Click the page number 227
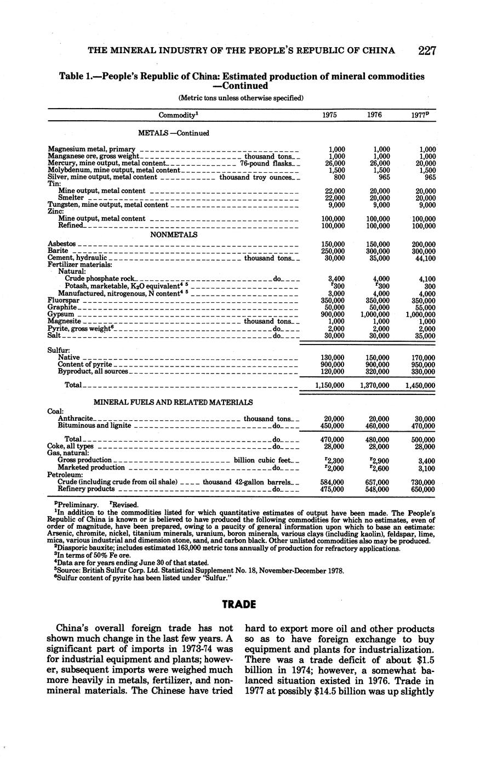tap(427, 51)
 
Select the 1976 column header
tap(374, 115)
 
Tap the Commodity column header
tap(178, 115)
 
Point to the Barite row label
tap(58, 251)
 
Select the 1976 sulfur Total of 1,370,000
tap(374, 386)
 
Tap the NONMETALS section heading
tap(174, 234)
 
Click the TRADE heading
tap(240, 605)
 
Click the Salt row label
tap(54, 335)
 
